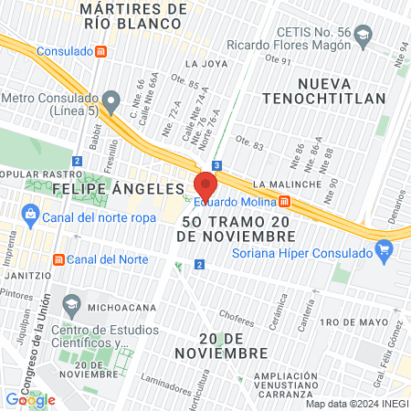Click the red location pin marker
(x=205, y=184)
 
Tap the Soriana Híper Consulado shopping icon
(x=384, y=248)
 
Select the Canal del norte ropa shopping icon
(x=29, y=216)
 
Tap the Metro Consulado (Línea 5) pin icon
(x=111, y=99)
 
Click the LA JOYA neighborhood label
(x=204, y=64)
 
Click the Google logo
(x=30, y=399)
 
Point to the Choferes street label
(x=237, y=320)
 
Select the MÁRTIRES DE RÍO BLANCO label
(x=133, y=16)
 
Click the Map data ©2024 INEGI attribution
(x=355, y=404)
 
